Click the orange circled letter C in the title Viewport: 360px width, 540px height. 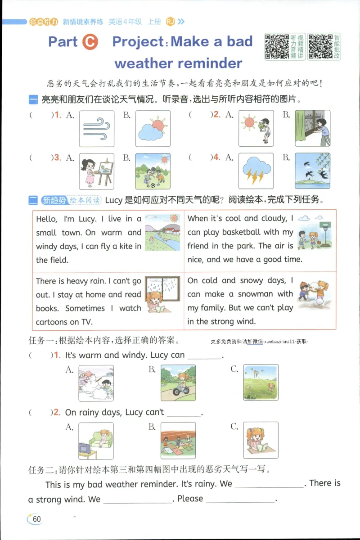[90, 42]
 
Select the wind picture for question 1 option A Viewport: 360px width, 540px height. [97, 129]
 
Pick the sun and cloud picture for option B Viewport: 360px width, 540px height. [153, 129]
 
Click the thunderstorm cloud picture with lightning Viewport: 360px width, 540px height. [256, 171]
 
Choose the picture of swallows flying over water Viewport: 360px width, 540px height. [312, 171]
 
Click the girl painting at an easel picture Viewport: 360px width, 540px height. [97, 171]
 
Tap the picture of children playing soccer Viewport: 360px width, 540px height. [153, 171]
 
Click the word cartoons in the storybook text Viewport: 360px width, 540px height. [52, 322]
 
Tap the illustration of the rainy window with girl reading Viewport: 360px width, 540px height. [162, 295]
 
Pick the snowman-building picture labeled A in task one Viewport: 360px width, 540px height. [96, 382]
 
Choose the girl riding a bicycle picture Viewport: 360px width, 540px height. [178, 382]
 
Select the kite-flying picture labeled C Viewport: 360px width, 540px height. [261, 382]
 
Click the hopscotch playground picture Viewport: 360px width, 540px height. [178, 440]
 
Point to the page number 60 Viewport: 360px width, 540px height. [36, 519]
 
